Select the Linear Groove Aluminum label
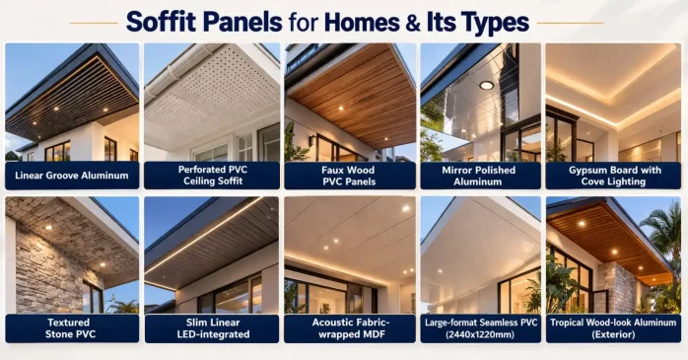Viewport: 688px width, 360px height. click(x=72, y=176)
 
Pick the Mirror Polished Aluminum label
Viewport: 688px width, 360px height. click(x=480, y=176)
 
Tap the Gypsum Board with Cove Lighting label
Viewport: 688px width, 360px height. click(x=611, y=176)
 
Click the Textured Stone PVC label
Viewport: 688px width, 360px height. click(x=72, y=328)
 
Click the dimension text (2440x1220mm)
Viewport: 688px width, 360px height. click(x=480, y=335)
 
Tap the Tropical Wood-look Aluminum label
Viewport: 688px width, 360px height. click(x=611, y=328)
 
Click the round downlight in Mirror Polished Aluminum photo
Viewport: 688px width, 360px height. click(x=486, y=85)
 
